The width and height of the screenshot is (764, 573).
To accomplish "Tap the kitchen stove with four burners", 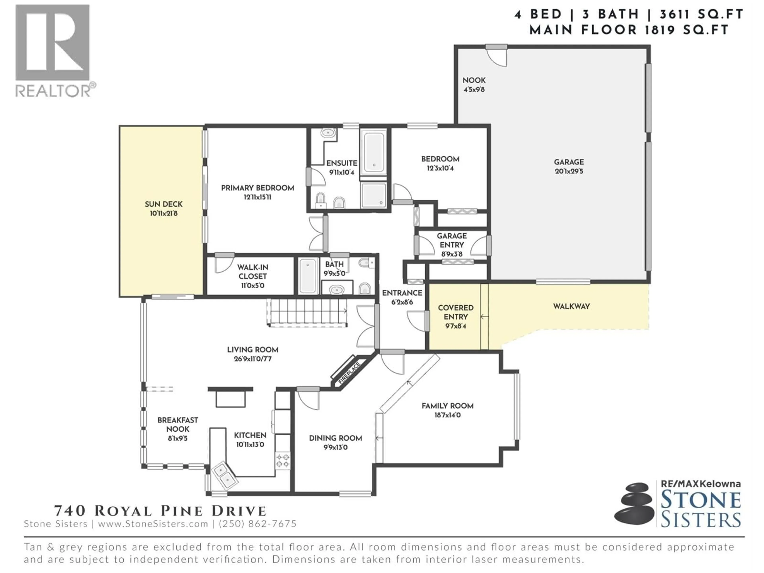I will (283, 460).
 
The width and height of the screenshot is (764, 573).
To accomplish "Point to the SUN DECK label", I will (164, 204).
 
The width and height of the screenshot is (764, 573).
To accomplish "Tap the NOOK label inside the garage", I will (474, 80).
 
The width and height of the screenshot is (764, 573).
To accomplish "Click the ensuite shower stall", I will (373, 195).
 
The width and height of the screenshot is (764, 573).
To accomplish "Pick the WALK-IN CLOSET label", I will (252, 272).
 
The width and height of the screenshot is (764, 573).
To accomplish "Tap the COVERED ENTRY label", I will (456, 312).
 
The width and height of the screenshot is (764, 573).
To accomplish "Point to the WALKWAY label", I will (571, 306).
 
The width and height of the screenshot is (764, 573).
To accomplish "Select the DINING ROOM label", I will (335, 438).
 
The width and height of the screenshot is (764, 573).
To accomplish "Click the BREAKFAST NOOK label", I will (177, 425).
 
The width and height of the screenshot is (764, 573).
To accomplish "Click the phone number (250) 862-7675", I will (258, 524).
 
